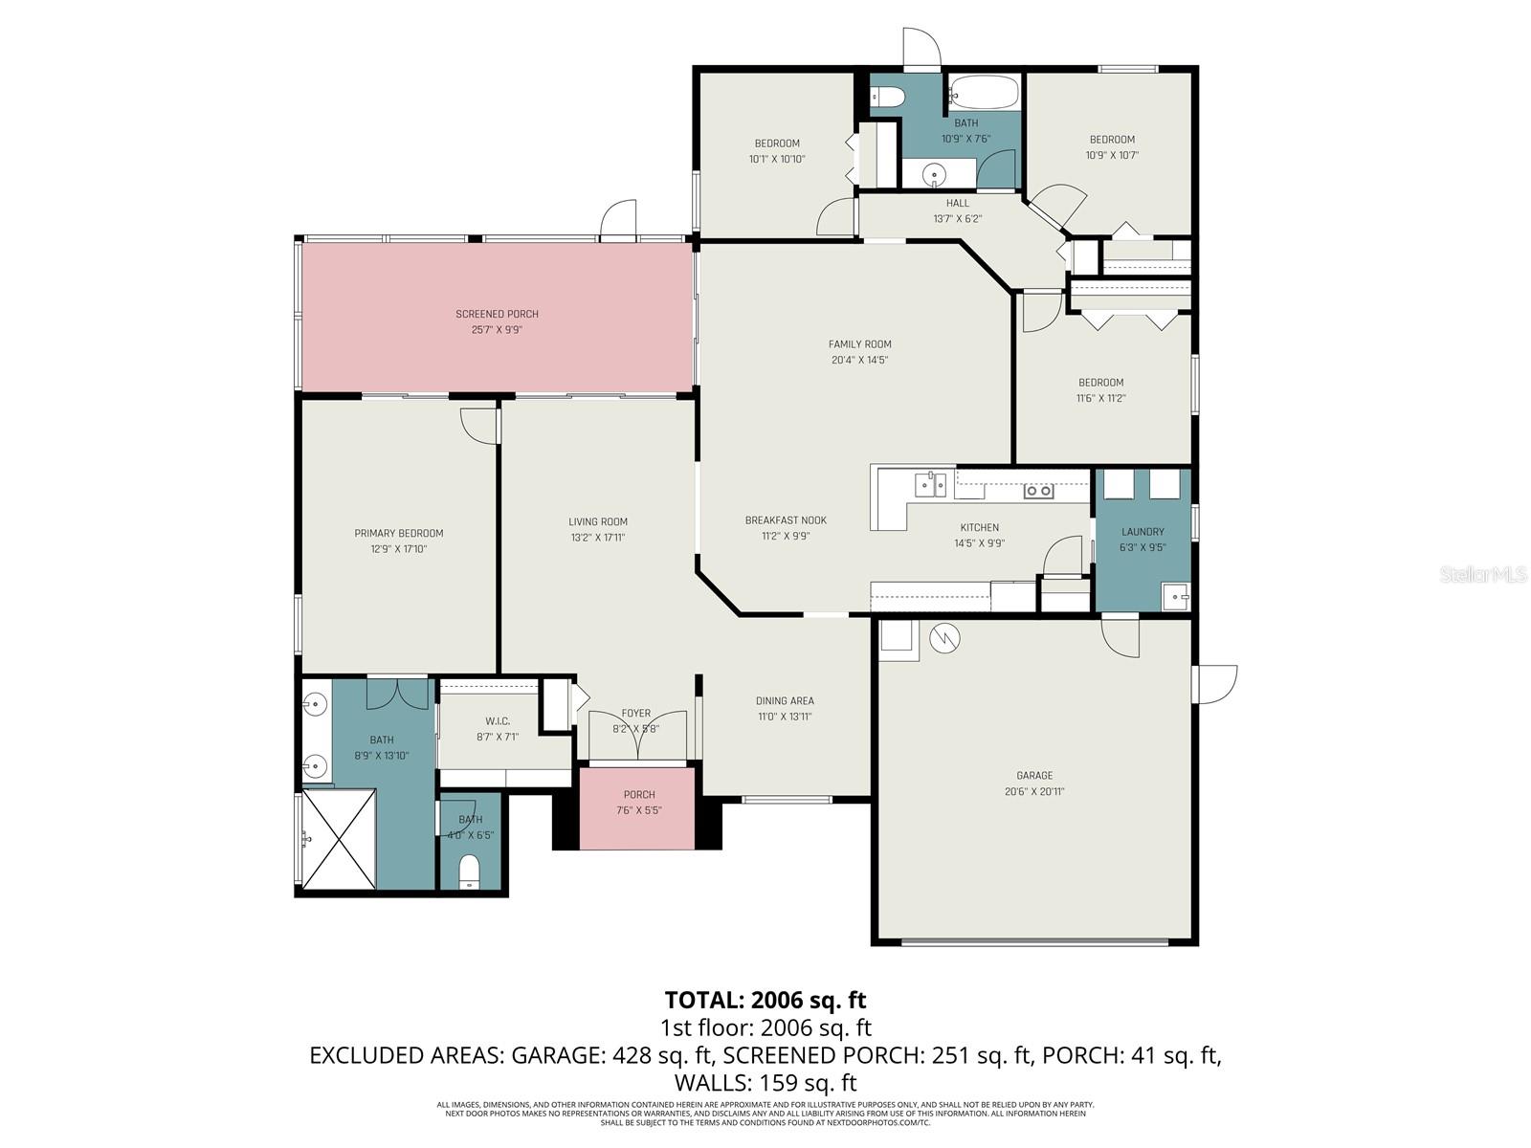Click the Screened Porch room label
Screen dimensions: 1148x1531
tap(497, 314)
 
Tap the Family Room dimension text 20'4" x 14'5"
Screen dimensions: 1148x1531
tap(859, 361)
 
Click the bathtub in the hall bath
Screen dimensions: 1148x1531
tap(984, 93)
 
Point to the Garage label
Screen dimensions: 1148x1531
tap(1034, 776)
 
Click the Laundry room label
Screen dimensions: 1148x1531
tap(1143, 532)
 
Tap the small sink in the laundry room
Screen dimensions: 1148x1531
tap(1174, 596)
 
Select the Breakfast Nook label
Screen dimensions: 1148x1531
tap(786, 520)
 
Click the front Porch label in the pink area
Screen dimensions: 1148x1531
tap(639, 795)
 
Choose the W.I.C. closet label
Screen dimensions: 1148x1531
tap(498, 721)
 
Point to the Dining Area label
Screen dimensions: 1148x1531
tap(785, 701)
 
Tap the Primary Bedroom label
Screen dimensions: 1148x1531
tap(399, 534)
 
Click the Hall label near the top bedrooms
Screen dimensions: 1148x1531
tap(957, 203)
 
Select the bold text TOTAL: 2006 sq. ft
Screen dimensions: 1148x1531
tap(765, 1001)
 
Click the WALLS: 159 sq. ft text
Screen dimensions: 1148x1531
tap(765, 1083)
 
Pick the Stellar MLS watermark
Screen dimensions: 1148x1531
tap(1483, 575)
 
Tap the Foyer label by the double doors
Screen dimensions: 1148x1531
tap(635, 714)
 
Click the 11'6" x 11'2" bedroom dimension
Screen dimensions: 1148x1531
tap(1100, 398)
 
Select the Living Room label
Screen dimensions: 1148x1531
tap(598, 522)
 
